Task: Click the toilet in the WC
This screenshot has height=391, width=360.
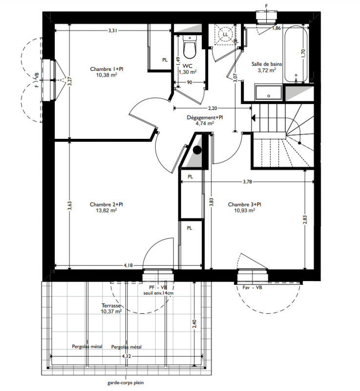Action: tap(190, 47)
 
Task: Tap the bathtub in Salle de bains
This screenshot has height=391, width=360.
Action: tap(296, 54)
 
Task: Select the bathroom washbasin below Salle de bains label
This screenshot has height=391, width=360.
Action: tap(268, 92)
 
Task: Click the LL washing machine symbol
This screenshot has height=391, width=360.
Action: tap(225, 34)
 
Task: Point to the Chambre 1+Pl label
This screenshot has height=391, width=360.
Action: tap(106, 69)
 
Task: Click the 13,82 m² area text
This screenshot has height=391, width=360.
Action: tap(106, 210)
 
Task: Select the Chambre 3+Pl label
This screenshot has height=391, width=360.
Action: tap(244, 204)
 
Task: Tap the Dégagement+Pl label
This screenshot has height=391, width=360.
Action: tap(205, 117)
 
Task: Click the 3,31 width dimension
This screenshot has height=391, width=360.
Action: tap(113, 31)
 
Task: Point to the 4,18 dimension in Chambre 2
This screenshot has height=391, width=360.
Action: tap(128, 265)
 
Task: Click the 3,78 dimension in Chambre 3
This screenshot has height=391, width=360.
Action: tap(247, 182)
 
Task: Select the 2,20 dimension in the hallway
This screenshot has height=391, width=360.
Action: tap(212, 108)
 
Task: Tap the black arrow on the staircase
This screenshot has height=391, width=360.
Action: tap(254, 118)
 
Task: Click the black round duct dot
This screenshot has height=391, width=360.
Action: tap(197, 150)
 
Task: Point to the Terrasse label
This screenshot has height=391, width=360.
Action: tap(111, 305)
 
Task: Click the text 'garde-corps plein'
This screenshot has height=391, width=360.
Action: tap(126, 383)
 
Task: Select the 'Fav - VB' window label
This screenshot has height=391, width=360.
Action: tap(252, 287)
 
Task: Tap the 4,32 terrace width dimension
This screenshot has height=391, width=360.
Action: tap(127, 356)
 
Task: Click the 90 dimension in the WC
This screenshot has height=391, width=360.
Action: tap(190, 82)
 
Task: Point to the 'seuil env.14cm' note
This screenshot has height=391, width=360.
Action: tap(158, 293)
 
